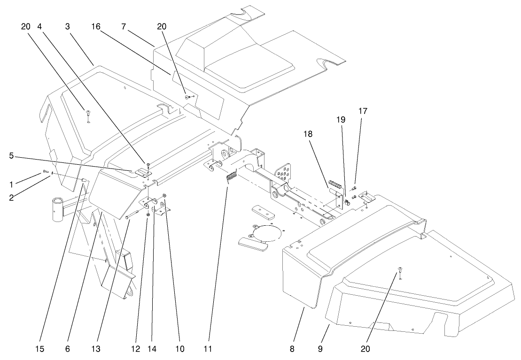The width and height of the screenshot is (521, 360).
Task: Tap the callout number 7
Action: click(x=123, y=27)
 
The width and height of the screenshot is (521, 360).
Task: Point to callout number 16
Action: click(x=96, y=27)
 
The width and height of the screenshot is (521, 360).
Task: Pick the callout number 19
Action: click(x=341, y=120)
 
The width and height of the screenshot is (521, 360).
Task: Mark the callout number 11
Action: click(x=208, y=349)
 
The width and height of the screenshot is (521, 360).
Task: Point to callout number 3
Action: click(x=68, y=27)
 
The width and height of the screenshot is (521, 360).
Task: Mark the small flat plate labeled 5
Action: click(x=143, y=172)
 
